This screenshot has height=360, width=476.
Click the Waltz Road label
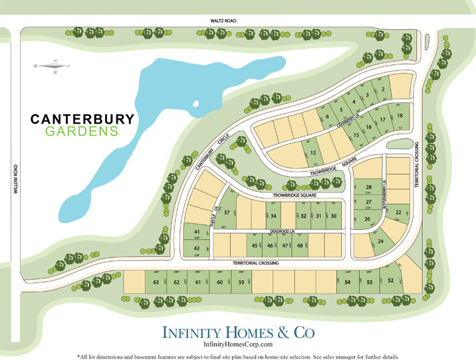[x=219, y=21]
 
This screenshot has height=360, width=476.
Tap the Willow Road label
[x=13, y=179]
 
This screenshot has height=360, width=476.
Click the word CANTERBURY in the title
[x=83, y=119]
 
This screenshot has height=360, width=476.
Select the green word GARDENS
[x=82, y=132]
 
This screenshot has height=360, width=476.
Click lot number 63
[x=156, y=282]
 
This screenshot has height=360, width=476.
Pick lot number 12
[x=312, y=153]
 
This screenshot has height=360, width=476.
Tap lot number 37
[x=227, y=213]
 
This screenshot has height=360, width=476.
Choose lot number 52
[x=390, y=280]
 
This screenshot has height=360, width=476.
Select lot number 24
[x=381, y=241]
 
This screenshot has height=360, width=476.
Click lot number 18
[x=400, y=116]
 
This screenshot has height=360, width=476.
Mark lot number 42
[x=197, y=248]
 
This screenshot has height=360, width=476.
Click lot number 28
[x=368, y=187]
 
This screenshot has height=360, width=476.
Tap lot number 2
[x=382, y=90]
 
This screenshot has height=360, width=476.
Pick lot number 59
[x=241, y=282]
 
